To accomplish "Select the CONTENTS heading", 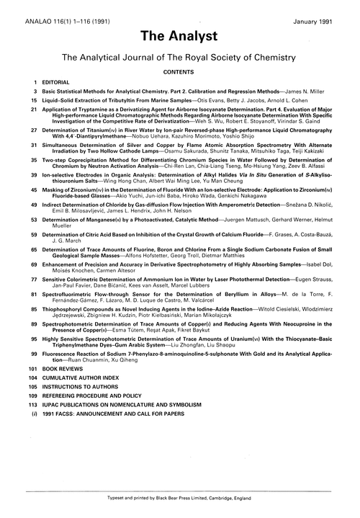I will coord(179,74).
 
